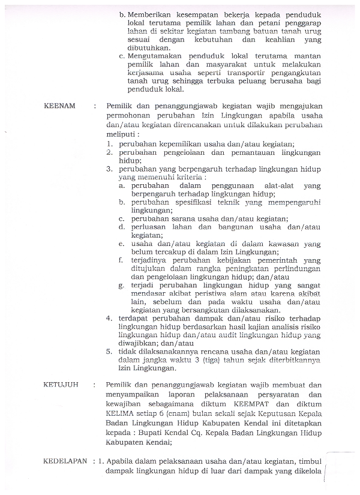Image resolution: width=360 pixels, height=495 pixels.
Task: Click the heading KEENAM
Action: (60, 106)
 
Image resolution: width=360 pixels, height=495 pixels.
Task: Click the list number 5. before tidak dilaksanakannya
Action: (110, 350)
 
